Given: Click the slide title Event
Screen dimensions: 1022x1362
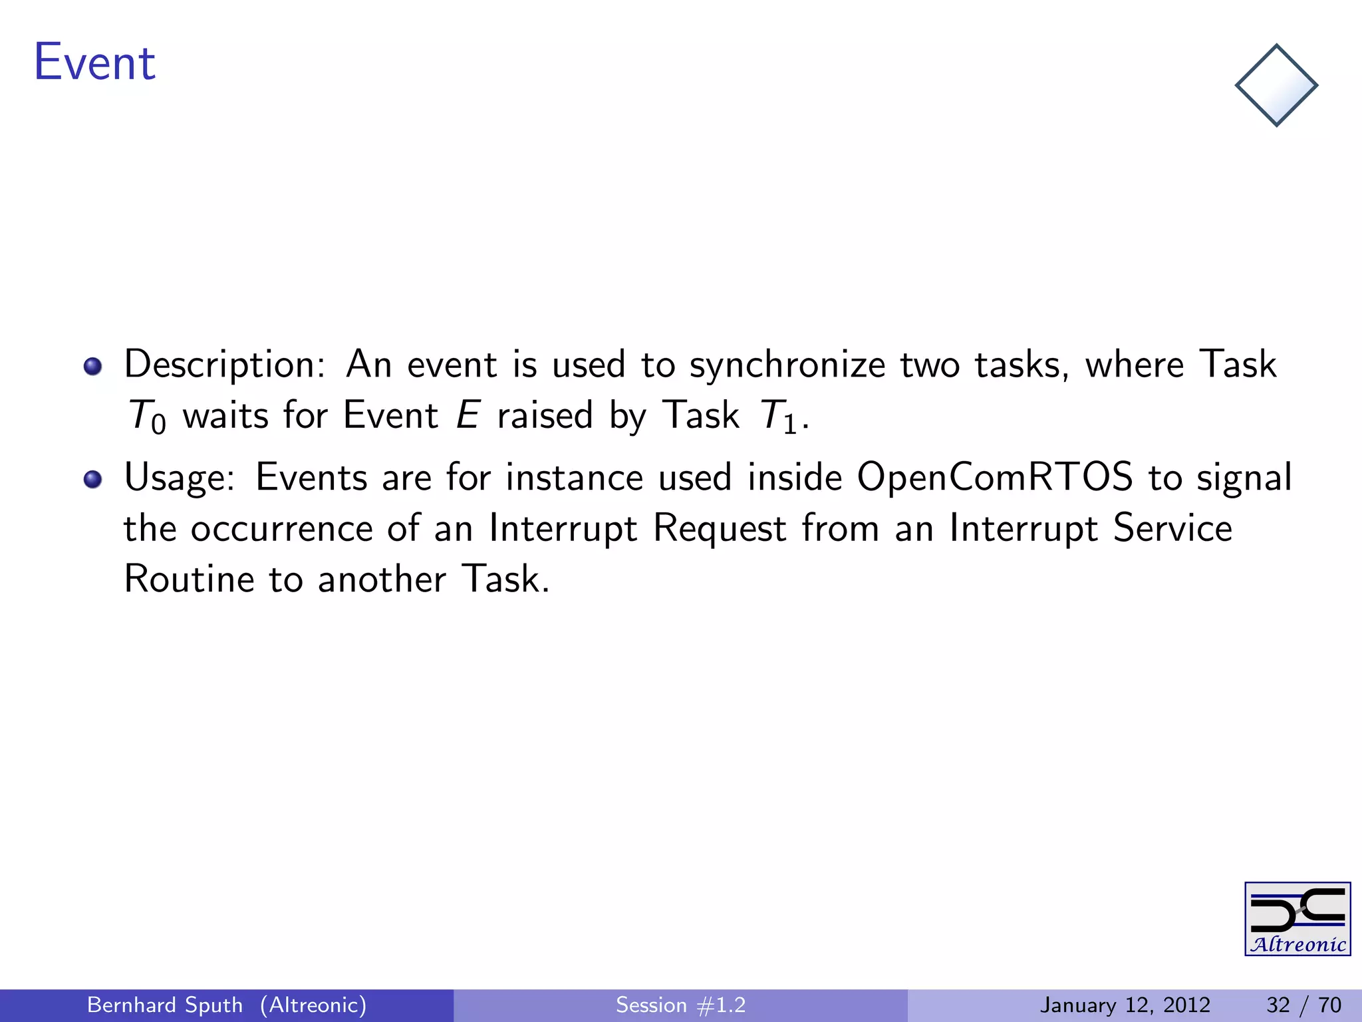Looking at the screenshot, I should coord(94,63).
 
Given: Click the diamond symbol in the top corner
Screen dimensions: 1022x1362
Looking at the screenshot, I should coord(1276,85).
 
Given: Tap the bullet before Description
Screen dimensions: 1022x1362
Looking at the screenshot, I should coord(93,367).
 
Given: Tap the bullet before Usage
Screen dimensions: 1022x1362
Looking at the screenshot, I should coord(93,479).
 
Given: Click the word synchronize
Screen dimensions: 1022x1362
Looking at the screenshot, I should coord(787,365).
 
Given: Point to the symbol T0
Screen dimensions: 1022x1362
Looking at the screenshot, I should coord(146,417).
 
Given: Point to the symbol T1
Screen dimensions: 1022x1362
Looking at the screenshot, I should coord(778,417).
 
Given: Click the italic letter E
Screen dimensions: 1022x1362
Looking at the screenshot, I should coord(468,415).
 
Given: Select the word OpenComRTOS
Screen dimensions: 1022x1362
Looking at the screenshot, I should coord(994,477).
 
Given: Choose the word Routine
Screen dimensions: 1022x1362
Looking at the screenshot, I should coord(189,579).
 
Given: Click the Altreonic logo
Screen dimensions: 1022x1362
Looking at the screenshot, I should coord(1297,919).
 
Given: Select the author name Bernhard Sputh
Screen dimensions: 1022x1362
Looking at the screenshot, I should coord(165,1005).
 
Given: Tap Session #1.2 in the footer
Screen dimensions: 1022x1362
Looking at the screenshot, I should coord(680,1005).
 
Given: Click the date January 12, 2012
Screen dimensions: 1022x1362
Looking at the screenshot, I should coord(1125,1005).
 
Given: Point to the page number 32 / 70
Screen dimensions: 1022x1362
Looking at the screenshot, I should coord(1303,1005).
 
